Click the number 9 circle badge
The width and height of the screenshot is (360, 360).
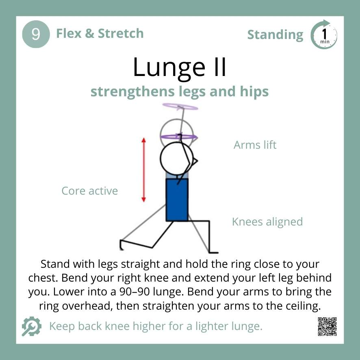tap(36, 34)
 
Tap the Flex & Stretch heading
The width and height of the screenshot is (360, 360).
tap(100, 33)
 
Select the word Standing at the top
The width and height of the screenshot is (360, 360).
tap(275, 35)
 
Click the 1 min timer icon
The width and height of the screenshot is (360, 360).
tap(324, 35)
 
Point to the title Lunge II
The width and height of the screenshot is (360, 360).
tap(180, 67)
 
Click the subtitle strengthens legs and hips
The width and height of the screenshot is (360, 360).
tap(180, 92)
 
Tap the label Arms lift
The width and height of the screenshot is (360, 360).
tap(255, 145)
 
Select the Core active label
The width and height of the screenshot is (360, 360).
tap(89, 191)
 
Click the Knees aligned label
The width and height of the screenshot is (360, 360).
tap(267, 222)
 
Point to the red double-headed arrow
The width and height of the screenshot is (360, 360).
tap(143, 169)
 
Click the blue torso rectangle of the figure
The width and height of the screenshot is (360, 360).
tap(177, 200)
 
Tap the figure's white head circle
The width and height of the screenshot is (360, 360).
tap(176, 158)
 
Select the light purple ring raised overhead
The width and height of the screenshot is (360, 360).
tap(180, 107)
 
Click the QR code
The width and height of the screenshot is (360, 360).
tap(327, 327)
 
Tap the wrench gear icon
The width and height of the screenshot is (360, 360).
tap(31, 326)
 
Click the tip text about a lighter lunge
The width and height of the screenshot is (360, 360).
tap(155, 326)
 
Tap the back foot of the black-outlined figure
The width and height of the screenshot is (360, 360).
tap(122, 245)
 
